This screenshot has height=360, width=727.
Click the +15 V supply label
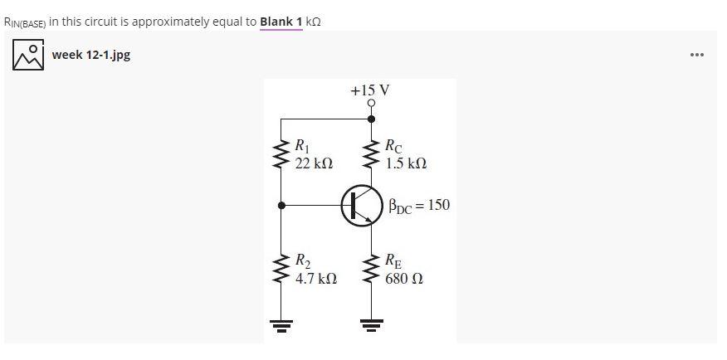click(370, 90)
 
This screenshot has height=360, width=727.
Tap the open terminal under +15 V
click(371, 104)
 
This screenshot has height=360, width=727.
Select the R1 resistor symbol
click(281, 155)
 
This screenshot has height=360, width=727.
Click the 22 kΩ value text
click(315, 163)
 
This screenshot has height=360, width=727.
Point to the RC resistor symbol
click(371, 155)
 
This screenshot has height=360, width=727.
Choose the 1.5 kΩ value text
click(406, 163)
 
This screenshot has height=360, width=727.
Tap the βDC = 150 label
click(419, 205)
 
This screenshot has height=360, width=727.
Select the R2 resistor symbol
click(281, 270)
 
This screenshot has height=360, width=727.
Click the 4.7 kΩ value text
click(316, 279)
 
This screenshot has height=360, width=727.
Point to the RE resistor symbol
click(371, 270)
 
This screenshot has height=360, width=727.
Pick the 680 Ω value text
click(404, 279)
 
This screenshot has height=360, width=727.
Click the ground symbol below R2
click(281, 324)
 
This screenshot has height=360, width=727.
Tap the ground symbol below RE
click(371, 324)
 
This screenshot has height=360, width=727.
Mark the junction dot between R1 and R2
click(281, 205)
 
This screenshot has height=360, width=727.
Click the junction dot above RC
click(371, 119)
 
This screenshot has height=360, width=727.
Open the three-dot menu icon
click(697, 55)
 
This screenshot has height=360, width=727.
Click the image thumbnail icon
click(28, 55)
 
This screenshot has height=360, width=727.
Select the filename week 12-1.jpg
click(90, 55)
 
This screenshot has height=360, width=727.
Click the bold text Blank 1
click(281, 21)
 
